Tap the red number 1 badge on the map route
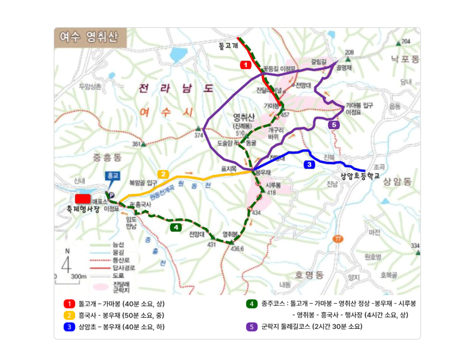tap(246, 65)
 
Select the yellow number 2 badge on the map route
tap(163, 174)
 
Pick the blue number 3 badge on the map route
tap(309, 164)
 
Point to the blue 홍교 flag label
tap(112, 176)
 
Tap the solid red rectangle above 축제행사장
tap(83, 199)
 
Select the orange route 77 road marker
tap(338, 239)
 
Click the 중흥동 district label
tap(107, 158)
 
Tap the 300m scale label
tap(79, 277)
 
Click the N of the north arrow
tap(67, 251)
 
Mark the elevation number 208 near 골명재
tap(349, 52)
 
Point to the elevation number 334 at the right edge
tap(415, 245)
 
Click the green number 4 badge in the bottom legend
tap(252, 304)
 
